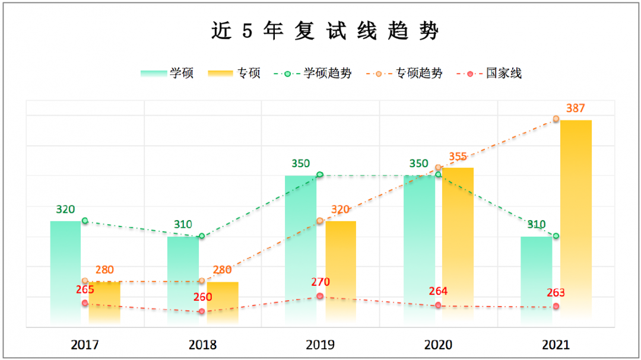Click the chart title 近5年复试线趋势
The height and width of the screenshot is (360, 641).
[325, 31]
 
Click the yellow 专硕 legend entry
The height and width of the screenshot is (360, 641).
[234, 74]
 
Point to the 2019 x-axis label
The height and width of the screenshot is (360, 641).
[320, 345]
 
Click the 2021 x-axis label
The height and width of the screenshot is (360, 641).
[556, 345]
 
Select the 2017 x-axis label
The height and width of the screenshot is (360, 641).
[84, 345]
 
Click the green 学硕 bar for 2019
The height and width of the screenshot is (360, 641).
[300, 249]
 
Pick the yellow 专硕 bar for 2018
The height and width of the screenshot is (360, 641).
[223, 302]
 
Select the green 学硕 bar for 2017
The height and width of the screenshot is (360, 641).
[65, 273]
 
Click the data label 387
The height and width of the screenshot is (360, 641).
[575, 109]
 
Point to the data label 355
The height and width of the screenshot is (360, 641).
[458, 157]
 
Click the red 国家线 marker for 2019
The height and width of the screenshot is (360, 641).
[320, 296]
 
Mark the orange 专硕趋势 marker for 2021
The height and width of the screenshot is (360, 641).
[556, 119]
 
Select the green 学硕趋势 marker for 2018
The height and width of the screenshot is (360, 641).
[202, 236]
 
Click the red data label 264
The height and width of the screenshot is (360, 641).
[438, 291]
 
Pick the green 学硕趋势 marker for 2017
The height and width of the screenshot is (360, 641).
[85, 221]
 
